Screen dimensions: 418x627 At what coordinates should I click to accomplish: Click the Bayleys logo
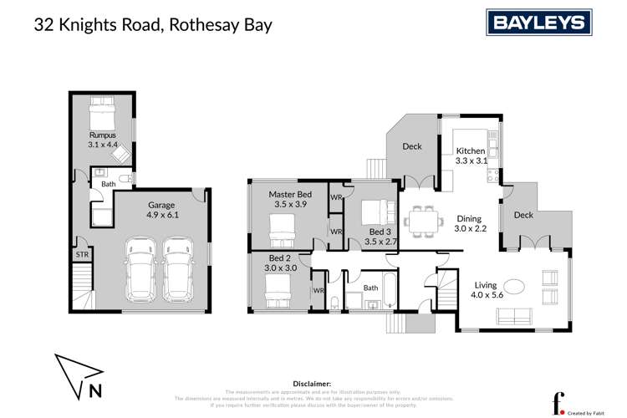(x=539, y=23)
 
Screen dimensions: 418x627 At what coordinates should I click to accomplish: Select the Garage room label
(x=161, y=205)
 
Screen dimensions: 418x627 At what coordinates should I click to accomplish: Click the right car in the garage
(x=179, y=270)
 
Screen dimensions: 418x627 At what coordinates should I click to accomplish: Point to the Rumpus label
(x=101, y=135)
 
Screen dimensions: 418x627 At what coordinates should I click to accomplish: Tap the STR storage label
(x=82, y=254)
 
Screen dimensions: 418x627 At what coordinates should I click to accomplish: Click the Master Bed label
(x=289, y=195)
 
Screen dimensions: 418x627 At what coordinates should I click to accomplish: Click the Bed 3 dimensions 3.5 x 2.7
(x=380, y=242)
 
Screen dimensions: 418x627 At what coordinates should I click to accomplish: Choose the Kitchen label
(x=470, y=150)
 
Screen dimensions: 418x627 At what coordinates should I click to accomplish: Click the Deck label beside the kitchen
(x=412, y=147)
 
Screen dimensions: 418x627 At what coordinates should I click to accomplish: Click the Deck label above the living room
(x=523, y=215)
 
